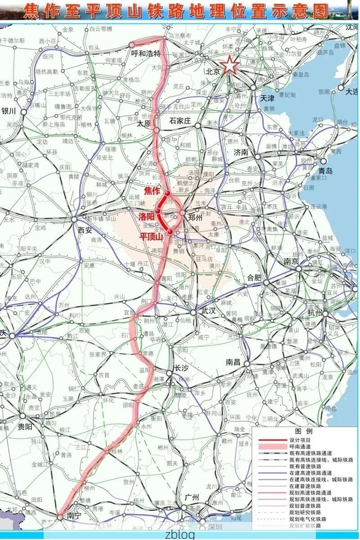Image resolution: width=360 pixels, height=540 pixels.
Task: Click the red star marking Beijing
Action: tap(229, 65)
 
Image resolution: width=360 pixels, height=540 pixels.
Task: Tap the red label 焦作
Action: tap(152, 191)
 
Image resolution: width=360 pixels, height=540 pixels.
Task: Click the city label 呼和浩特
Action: tap(145, 54)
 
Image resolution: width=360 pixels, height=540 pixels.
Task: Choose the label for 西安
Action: tap(85, 230)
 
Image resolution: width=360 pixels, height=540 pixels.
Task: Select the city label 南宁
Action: tap(72, 516)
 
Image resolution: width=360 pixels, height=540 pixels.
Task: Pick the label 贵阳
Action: tap(25, 427)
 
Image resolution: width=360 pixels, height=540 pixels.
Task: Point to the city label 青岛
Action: tap(325, 171)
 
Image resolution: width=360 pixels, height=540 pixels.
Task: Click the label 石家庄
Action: tap(180, 121)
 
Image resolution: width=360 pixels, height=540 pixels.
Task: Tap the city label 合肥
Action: tap(254, 277)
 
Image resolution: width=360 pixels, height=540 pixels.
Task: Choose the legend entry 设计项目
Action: tap(300, 440)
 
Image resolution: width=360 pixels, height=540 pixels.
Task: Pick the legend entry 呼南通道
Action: tap(300, 446)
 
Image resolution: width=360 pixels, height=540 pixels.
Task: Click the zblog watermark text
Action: tap(180, 535)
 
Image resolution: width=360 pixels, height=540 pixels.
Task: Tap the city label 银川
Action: tap(9, 111)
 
